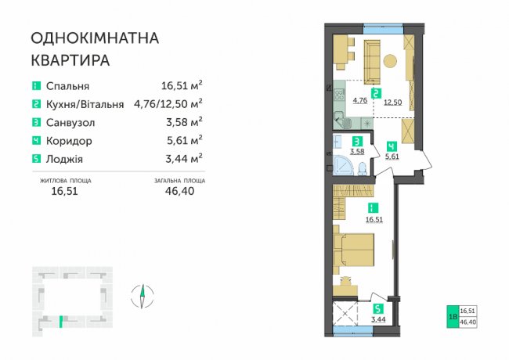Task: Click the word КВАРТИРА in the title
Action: coord(70,60)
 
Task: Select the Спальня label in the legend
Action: coord(67,86)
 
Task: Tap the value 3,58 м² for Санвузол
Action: coord(184,122)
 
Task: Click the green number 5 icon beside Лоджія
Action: coord(36,159)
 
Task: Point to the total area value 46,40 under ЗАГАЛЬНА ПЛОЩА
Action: coord(179,191)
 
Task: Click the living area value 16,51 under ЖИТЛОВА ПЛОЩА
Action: coord(64,191)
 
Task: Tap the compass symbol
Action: coord(143,296)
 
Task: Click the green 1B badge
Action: coord(453,316)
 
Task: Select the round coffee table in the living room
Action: coord(390,61)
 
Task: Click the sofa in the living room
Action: coord(372,62)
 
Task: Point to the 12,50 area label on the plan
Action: coord(393,103)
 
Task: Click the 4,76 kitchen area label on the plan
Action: coord(360,100)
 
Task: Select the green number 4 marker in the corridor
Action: coord(392,146)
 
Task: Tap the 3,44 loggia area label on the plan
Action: coord(378,319)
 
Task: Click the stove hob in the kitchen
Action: coord(340,95)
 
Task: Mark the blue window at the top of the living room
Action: coord(384,29)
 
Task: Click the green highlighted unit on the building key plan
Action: coord(61,322)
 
